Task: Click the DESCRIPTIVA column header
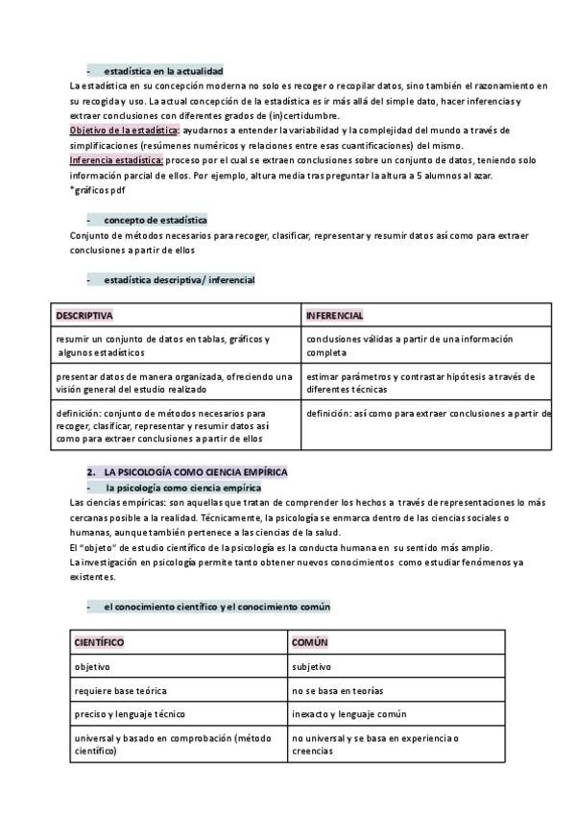(x=84, y=316)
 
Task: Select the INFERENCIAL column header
(x=334, y=316)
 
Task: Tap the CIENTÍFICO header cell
(x=99, y=642)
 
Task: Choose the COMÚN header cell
(x=310, y=642)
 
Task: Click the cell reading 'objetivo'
(x=92, y=666)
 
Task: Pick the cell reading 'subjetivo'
(x=311, y=666)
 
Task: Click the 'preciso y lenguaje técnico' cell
(x=130, y=714)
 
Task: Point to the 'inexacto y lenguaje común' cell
(x=349, y=714)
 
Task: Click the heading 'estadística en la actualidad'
(x=163, y=71)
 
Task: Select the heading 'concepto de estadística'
(x=156, y=220)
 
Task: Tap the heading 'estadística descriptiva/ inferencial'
(x=179, y=279)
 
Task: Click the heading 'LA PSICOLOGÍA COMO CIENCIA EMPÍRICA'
(x=196, y=472)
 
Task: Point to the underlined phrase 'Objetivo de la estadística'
(x=125, y=130)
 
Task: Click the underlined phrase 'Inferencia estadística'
(x=117, y=159)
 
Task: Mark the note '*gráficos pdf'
(x=97, y=190)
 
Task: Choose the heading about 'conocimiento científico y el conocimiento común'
(x=217, y=607)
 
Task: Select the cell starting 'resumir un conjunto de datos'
(x=163, y=346)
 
